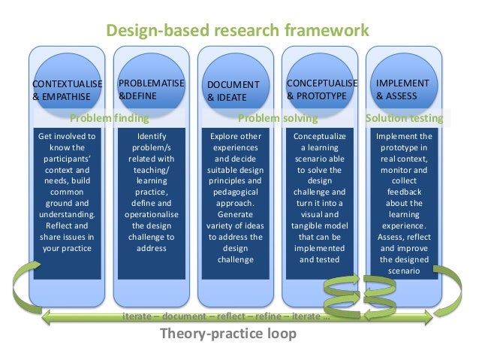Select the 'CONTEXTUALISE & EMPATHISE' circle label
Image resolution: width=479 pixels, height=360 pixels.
(x=61, y=89)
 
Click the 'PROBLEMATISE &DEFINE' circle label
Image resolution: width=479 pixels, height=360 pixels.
(x=152, y=89)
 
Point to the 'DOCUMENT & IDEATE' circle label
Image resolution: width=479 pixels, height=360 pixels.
(x=233, y=91)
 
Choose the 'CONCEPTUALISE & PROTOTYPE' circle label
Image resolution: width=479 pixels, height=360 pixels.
(x=322, y=89)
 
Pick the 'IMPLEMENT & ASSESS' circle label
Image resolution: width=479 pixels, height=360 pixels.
(x=402, y=89)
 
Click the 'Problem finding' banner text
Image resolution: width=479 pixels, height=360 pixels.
(x=110, y=118)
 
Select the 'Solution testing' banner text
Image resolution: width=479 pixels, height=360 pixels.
(x=404, y=118)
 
